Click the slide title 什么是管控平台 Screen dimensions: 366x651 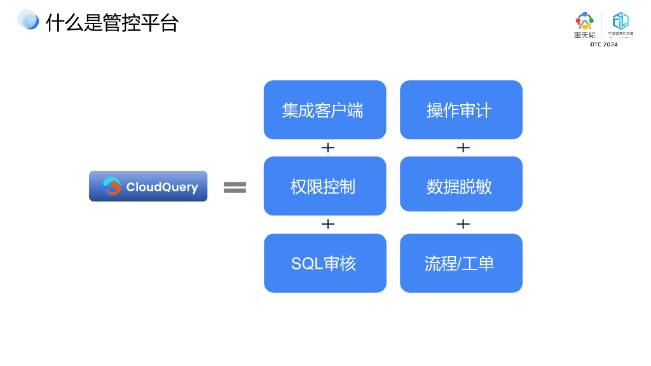point(112,23)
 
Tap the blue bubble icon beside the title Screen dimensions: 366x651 point(28,20)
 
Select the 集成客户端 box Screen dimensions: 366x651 point(325,110)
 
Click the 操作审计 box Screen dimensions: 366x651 point(461,110)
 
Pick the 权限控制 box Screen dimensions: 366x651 point(325,186)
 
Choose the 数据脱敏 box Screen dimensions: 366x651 point(461,186)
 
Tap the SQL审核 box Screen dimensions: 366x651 point(325,263)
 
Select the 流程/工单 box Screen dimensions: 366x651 point(461,263)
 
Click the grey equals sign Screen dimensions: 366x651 point(235,187)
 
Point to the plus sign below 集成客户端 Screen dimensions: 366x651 point(327,147)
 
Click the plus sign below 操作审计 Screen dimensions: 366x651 point(463,147)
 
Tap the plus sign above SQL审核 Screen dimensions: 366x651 point(327,224)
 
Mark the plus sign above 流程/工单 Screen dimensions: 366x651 point(463,224)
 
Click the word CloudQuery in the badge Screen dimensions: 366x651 point(162,187)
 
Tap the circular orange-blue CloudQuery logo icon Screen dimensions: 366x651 point(112,187)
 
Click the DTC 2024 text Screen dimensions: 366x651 point(603,44)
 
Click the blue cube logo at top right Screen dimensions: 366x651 point(620,22)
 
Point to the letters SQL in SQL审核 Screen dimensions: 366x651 point(307,264)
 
